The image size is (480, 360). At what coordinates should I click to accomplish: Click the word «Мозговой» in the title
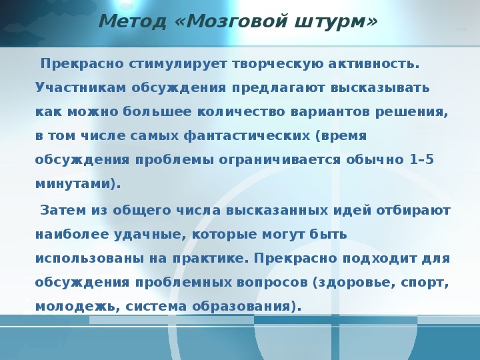237,21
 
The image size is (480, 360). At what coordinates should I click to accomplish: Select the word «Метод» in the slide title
133,21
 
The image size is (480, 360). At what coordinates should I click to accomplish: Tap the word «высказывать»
380,88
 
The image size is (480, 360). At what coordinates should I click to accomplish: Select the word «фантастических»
247,136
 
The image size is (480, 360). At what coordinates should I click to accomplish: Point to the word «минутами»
73,184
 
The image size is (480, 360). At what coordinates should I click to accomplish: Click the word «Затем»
63,210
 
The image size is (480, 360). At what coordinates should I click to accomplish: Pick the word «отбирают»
413,211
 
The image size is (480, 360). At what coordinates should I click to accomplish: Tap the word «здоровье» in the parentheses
354,283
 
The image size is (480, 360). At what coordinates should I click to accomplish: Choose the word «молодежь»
75,307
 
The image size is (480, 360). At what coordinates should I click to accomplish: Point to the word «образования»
241,307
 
